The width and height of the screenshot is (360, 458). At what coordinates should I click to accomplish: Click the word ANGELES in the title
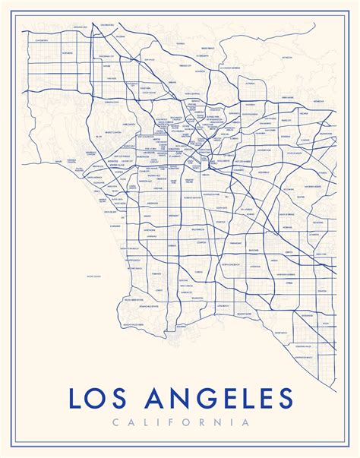click(x=223, y=397)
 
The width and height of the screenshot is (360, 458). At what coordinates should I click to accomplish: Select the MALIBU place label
click(x=58, y=162)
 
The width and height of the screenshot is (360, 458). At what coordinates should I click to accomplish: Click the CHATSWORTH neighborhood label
click(x=41, y=39)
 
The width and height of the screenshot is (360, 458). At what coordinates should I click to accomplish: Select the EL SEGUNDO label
click(x=115, y=226)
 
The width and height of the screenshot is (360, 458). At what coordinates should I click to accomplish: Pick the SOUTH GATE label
click(x=222, y=207)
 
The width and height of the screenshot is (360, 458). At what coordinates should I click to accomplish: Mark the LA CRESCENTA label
click(x=201, y=55)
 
